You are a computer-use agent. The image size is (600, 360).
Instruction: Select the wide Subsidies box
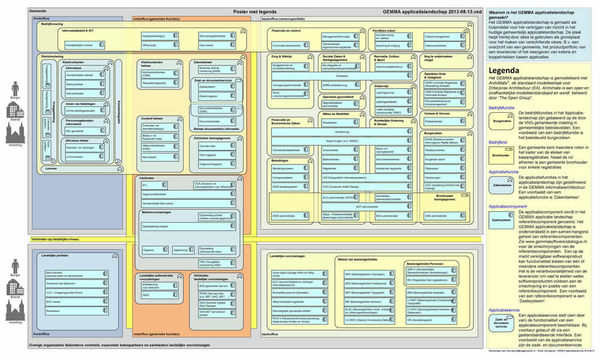click(x=341, y=76)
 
